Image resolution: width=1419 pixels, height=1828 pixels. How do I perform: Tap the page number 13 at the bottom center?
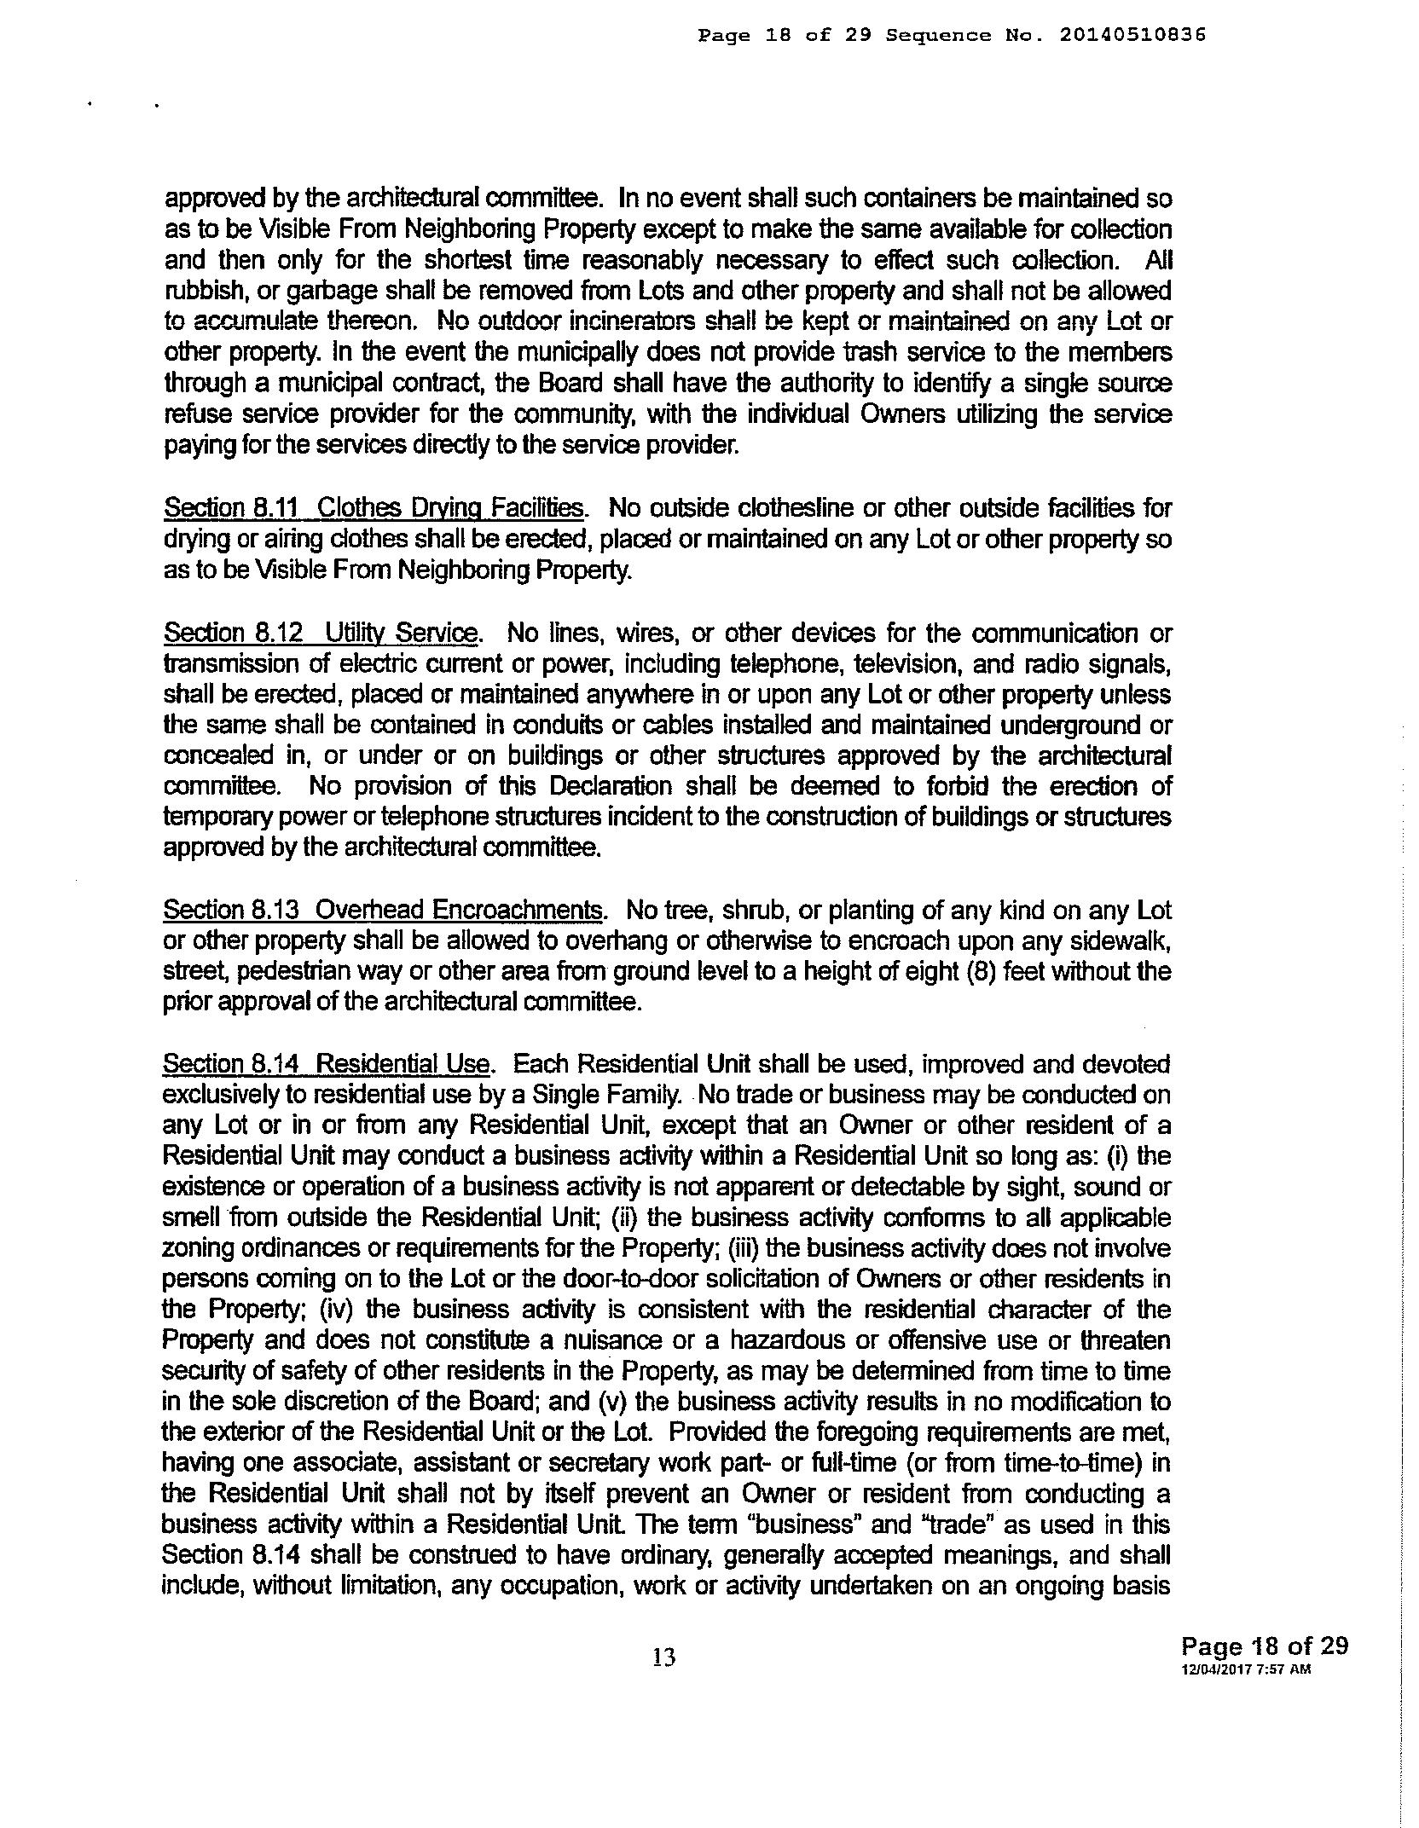[x=664, y=1657]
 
